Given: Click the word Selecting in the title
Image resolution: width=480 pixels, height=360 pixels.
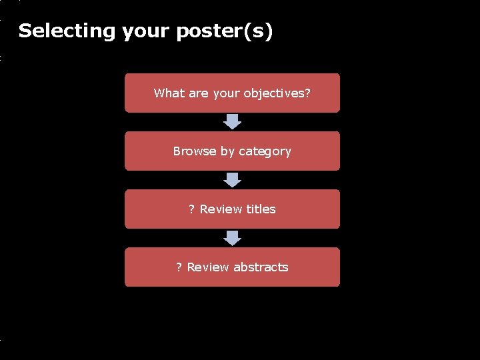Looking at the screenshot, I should pyautogui.click(x=67, y=31).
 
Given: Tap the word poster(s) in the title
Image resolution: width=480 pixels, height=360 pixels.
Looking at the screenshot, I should pyautogui.click(x=225, y=31).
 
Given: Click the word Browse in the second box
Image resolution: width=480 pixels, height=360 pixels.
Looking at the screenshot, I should pyautogui.click(x=193, y=151).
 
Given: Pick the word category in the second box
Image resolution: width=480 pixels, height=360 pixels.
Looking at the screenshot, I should pyautogui.click(x=265, y=151).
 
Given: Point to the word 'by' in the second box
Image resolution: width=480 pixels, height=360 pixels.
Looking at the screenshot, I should pyautogui.click(x=228, y=151).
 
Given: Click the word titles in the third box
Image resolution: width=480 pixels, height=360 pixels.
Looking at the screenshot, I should pyautogui.click(x=261, y=209).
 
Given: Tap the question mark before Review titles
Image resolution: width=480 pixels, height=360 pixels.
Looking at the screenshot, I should pyautogui.click(x=191, y=209).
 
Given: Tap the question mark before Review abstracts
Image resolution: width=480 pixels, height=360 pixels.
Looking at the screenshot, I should pyautogui.click(x=179, y=267).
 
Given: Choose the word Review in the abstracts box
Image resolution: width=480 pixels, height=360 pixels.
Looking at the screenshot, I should pyautogui.click(x=209, y=267).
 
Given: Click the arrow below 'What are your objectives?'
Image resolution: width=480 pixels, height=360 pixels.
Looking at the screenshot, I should pyautogui.click(x=232, y=121).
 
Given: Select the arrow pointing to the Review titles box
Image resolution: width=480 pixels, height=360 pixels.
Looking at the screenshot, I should pyautogui.click(x=232, y=179).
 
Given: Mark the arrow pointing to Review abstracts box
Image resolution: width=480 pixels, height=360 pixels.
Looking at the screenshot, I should pyautogui.click(x=232, y=238).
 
